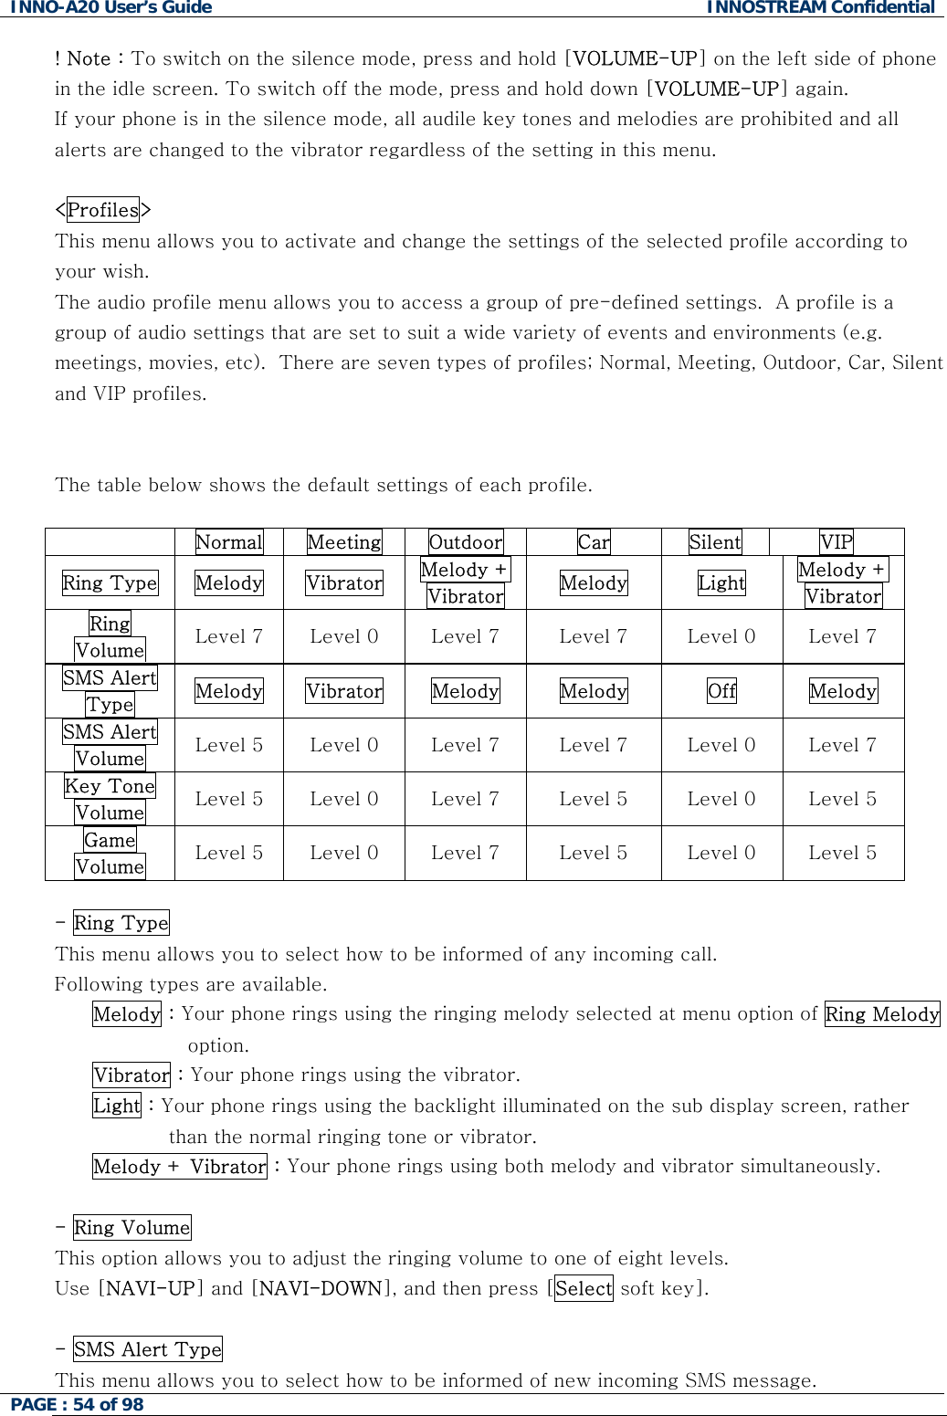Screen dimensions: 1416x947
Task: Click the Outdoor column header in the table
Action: (466, 542)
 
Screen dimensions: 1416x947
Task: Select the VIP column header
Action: (836, 542)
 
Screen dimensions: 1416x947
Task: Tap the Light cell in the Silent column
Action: (721, 582)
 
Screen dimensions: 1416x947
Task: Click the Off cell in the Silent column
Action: (721, 691)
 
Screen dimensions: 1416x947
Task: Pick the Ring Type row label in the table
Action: (110, 582)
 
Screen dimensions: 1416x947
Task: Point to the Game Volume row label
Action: (110, 854)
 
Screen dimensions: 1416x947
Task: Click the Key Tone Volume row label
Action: (110, 799)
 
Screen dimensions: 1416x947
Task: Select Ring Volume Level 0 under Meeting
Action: (344, 636)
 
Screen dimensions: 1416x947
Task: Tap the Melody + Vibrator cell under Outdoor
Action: (465, 582)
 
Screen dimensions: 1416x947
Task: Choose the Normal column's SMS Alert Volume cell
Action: (229, 745)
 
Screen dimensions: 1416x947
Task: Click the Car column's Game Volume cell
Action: (594, 853)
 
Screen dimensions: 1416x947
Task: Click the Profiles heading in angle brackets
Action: (103, 210)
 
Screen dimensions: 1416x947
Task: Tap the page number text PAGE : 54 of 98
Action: (78, 1404)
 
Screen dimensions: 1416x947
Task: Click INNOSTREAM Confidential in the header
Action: (820, 8)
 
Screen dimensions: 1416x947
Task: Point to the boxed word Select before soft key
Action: (584, 1289)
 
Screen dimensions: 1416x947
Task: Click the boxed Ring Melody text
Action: (882, 1014)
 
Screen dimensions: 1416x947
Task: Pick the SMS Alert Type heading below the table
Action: (148, 1349)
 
